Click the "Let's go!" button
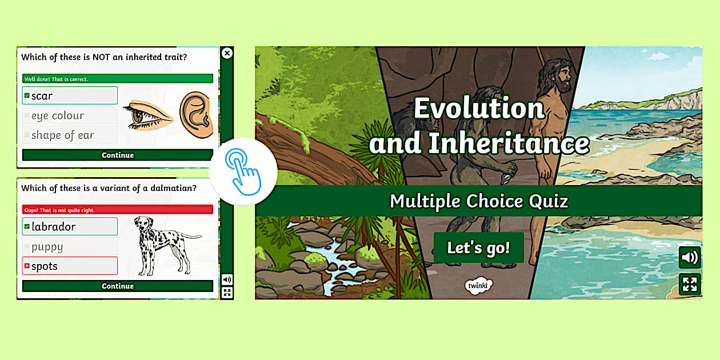click(478, 248)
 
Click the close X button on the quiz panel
click(227, 53)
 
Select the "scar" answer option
click(70, 95)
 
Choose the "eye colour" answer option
click(70, 115)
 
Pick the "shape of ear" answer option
click(70, 135)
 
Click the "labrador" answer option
click(70, 226)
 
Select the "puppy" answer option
click(70, 247)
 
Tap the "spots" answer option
click(70, 266)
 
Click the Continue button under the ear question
click(117, 155)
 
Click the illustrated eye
click(147, 114)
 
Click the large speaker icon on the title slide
click(690, 258)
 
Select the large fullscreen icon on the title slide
click(690, 284)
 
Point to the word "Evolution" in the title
click(479, 108)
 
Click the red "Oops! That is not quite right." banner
click(117, 210)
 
